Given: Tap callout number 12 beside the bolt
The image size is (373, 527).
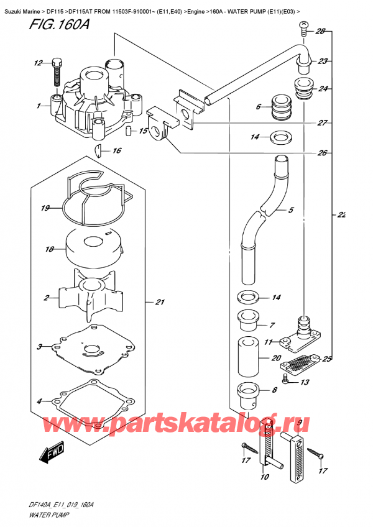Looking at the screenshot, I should click(38, 63).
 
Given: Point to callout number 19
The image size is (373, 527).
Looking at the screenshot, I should click(45, 208).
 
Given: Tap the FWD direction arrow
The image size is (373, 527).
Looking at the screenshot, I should click(52, 457).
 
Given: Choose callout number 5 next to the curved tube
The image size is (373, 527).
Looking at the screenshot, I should click(291, 210).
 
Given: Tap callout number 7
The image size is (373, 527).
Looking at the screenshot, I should click(272, 324).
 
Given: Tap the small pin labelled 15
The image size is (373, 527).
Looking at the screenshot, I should click(129, 131).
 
